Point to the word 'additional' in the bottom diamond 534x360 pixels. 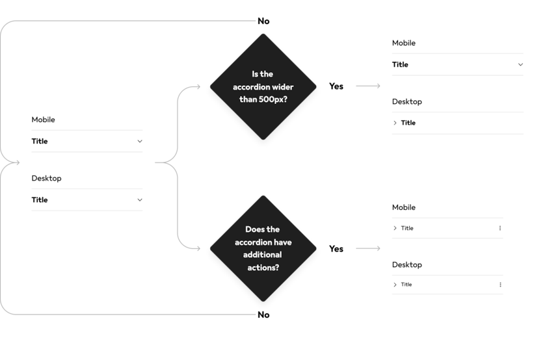263,254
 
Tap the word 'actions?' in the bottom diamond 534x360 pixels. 263,266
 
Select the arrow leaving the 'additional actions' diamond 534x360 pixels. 367,249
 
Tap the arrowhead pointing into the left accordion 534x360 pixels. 18,162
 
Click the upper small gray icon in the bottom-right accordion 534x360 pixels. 500,228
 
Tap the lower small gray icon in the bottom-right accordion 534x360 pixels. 500,285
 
